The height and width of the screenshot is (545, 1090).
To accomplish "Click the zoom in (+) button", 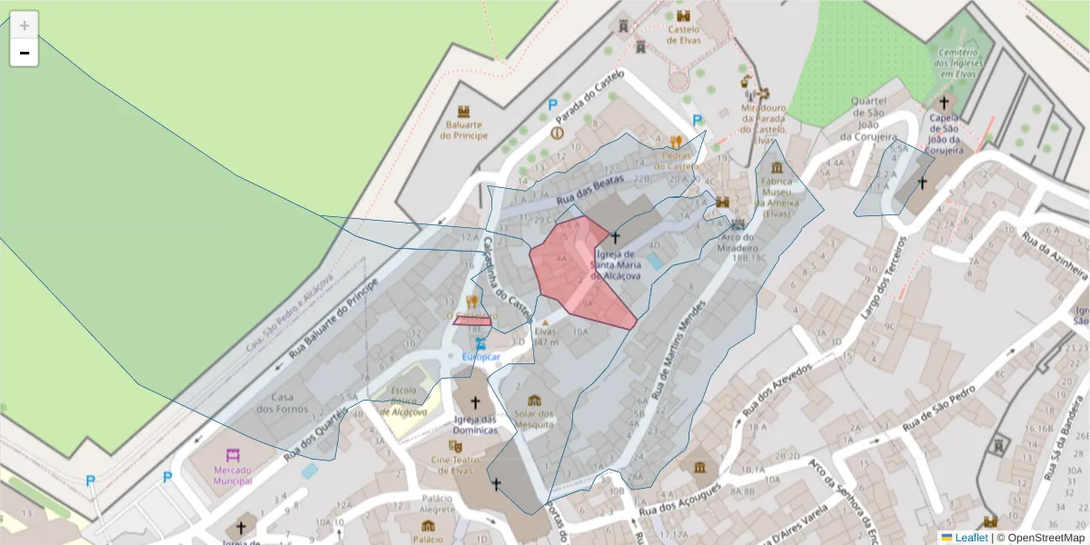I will [24, 25].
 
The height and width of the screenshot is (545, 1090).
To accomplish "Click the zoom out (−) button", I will [24, 53].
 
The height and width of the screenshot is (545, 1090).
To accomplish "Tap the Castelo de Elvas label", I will [683, 34].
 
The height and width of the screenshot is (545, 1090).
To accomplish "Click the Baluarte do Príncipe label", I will [463, 130].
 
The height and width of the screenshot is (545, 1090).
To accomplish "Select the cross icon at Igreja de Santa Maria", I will [615, 237].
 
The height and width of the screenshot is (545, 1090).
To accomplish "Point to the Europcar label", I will [481, 357].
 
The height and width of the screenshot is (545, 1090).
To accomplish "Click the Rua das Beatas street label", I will [590, 189].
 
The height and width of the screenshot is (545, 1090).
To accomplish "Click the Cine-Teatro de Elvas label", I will [454, 463].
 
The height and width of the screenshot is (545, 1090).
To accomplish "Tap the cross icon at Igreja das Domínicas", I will [474, 401].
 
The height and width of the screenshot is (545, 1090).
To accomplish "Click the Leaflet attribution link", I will [971, 538].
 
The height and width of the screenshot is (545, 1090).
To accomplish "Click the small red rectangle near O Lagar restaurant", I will [472, 321].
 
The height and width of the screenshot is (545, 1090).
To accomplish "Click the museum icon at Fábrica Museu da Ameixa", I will [777, 168].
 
